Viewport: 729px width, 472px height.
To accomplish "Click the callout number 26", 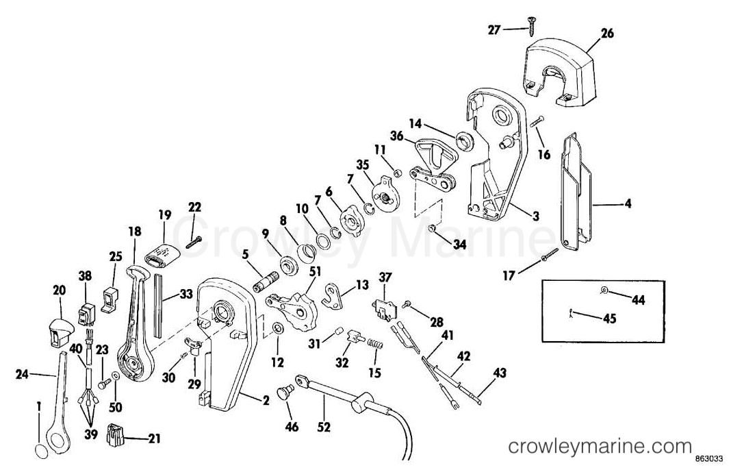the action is tap(606, 34).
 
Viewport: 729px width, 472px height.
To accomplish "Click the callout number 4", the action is tap(627, 203).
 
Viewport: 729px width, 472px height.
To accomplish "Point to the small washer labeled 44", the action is tap(604, 290).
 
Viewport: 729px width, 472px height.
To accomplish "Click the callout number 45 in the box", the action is tap(609, 319).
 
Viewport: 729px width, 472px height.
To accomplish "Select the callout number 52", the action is tap(324, 426).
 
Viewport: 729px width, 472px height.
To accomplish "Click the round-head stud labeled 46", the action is tap(285, 391).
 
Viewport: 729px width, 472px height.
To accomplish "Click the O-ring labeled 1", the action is tap(41, 451).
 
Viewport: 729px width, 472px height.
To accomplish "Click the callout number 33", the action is tap(186, 294).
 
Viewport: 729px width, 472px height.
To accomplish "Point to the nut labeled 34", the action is tap(431, 228).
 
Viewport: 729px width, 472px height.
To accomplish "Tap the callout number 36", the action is tap(396, 136).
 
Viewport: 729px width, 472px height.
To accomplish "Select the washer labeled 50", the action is tap(116, 376).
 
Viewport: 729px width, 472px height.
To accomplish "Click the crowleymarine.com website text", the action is tap(600, 447).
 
